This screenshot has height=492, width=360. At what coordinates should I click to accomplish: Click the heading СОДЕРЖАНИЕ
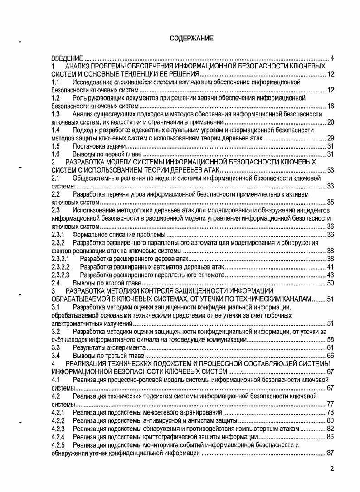(191, 39)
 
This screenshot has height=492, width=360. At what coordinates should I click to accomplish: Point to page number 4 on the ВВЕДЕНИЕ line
(332, 58)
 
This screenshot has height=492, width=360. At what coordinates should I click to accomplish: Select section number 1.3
(56, 114)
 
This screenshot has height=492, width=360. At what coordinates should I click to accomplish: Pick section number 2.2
(56, 194)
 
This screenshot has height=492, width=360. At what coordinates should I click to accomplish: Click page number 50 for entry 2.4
(330, 283)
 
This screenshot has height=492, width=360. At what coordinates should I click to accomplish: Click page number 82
(330, 429)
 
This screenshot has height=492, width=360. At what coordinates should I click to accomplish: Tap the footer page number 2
(332, 468)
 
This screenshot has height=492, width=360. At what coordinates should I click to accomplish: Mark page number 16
(330, 106)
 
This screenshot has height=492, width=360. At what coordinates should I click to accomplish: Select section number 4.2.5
(58, 445)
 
